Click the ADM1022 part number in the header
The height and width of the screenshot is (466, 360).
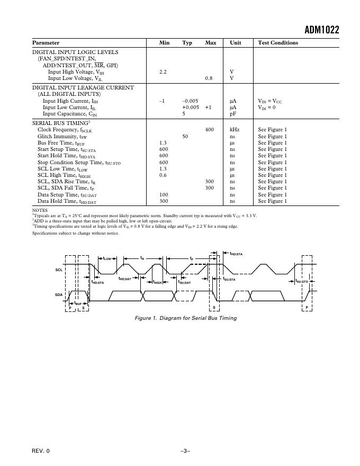pos(321,30)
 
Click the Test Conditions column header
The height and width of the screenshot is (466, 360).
pos(278,43)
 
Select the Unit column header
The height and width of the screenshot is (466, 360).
pos(235,43)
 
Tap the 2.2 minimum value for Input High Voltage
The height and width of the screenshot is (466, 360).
pos(163,72)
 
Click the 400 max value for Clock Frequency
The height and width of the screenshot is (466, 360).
pos(210,130)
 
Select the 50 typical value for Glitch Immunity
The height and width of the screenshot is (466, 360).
pos(185,137)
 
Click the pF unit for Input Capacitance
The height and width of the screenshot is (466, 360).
pos(232,114)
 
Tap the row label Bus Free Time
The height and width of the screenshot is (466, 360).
pos(61,143)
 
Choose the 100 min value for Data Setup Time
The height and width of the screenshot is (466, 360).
pos(164,195)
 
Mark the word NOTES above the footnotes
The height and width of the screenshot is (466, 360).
pos(40,210)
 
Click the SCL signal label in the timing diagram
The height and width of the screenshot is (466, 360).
pos(59,270)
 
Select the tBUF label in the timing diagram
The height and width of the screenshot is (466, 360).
pos(77,303)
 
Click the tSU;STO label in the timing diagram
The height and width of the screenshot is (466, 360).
pos(302,281)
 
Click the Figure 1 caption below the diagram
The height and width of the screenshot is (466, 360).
pos(186,318)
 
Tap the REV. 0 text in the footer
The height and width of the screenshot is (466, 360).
pos(41,451)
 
